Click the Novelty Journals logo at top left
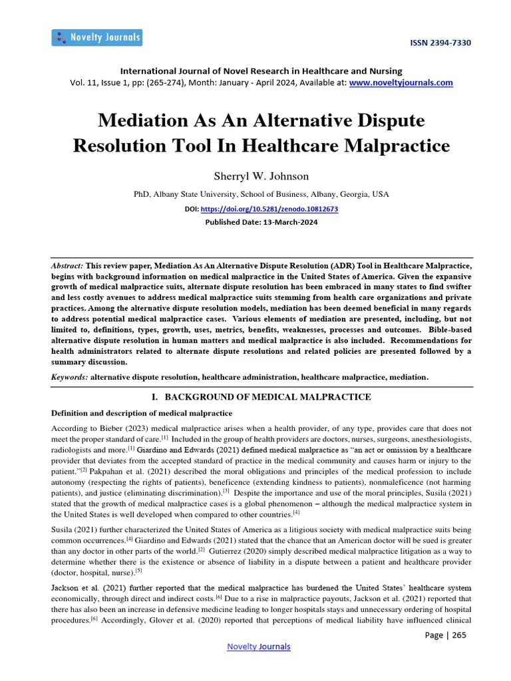(x=96, y=37)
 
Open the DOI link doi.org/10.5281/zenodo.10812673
(x=269, y=209)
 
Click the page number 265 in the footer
(x=459, y=634)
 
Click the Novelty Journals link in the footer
(x=258, y=646)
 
